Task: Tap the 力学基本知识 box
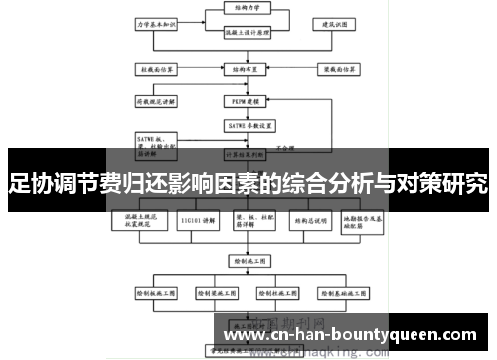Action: (x=155, y=21)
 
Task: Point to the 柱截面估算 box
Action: (x=155, y=70)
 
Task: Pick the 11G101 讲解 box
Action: (x=194, y=220)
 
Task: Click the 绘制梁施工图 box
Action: (x=217, y=294)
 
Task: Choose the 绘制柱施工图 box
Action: (x=279, y=294)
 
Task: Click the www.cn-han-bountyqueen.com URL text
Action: (x=351, y=334)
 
